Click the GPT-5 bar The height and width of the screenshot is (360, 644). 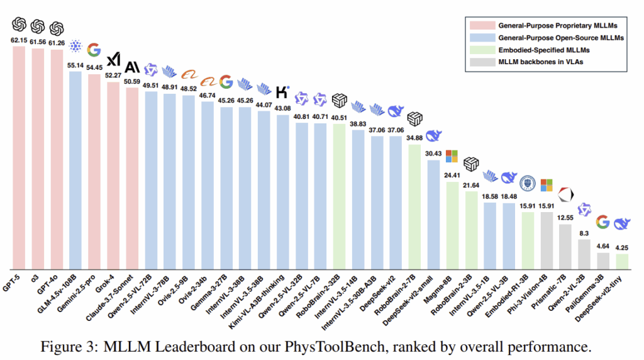pos(19,157)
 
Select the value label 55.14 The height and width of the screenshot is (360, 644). pos(75,64)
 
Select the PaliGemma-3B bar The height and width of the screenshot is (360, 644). pos(603,260)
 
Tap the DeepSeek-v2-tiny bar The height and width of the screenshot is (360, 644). pos(622,261)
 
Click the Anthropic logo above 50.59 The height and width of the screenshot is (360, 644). pos(132,67)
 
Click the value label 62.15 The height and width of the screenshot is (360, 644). pos(19,40)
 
